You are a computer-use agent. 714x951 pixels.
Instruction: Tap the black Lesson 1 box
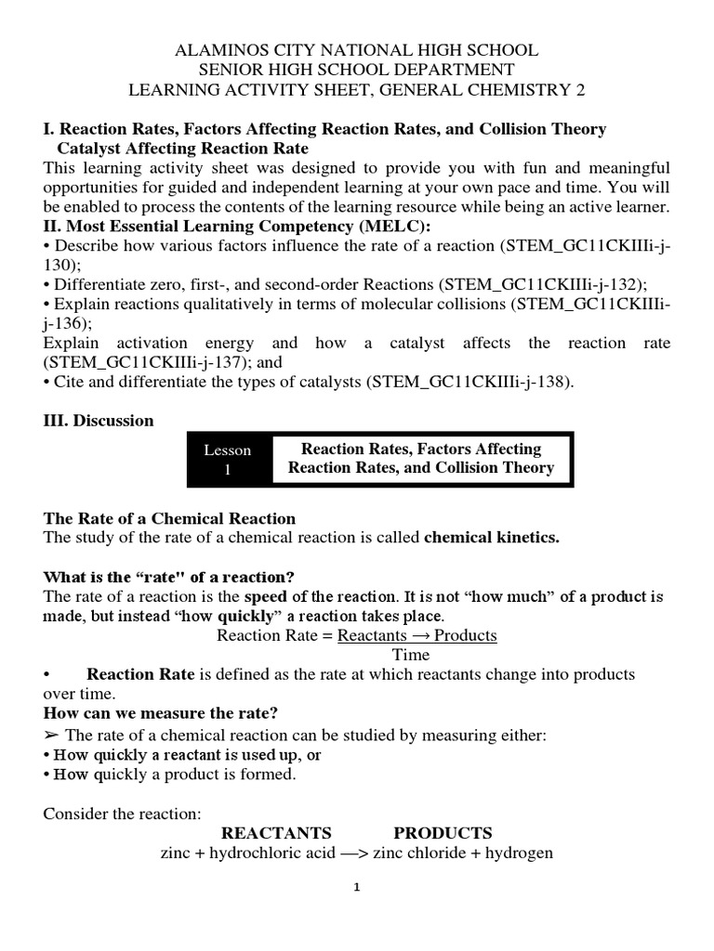click(228, 460)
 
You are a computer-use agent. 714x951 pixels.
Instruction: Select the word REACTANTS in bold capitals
click(276, 832)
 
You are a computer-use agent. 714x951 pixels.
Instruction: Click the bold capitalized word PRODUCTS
click(443, 832)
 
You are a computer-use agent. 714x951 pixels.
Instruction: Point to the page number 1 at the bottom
click(356, 887)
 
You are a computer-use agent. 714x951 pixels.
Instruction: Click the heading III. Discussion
click(99, 421)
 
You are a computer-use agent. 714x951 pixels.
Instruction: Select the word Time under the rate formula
click(411, 655)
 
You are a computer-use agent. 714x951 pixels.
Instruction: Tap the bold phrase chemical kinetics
click(492, 539)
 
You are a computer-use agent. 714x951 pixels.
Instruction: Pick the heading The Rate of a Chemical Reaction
click(169, 519)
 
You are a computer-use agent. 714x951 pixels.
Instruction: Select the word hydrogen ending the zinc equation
click(522, 853)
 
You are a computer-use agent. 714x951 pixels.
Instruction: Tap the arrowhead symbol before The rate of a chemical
click(51, 736)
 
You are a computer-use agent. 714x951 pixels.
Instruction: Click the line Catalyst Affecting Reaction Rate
click(183, 149)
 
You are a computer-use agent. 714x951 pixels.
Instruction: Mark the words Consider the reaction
click(122, 814)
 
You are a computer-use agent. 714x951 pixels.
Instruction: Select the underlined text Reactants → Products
click(417, 635)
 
